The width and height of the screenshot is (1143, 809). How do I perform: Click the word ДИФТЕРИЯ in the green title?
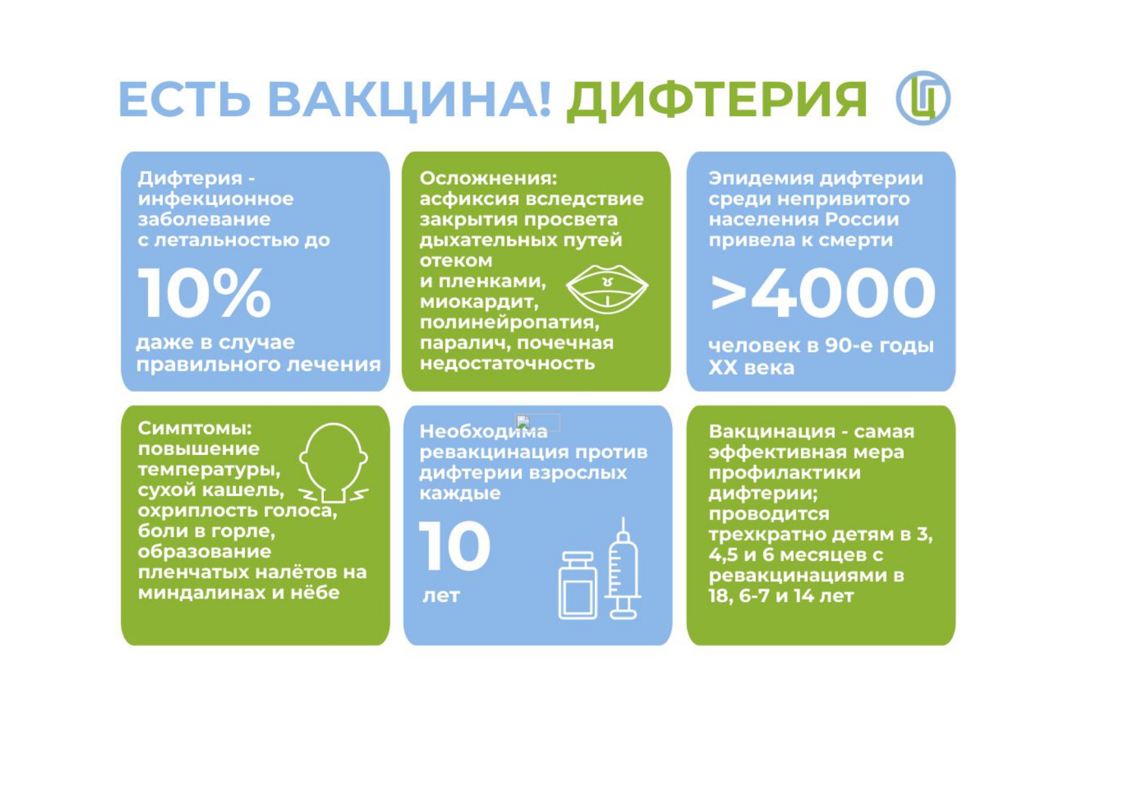pos(717,100)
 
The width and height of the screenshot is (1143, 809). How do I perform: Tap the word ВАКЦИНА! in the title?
pos(409,99)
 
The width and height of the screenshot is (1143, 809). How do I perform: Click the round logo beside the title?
pos(923,98)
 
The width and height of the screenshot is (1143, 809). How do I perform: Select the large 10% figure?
pos(204,293)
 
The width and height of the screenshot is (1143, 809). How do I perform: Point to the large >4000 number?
pos(822,293)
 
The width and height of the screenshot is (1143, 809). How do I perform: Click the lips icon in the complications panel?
pos(607,289)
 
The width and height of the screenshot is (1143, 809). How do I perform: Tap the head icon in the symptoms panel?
pos(334,463)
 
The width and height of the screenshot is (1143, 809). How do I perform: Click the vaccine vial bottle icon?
pos(577,585)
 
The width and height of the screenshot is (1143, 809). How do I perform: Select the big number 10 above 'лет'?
pos(454,546)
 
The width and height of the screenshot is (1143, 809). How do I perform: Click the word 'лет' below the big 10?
pos(441,596)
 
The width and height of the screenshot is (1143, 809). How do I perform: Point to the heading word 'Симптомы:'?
pos(195,428)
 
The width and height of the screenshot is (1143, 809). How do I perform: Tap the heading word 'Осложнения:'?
pos(489,178)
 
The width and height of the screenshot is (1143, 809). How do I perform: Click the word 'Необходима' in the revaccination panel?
pos(484,432)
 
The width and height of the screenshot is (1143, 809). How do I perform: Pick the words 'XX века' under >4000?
pos(751,368)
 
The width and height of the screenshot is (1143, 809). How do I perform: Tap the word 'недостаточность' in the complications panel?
pos(507,363)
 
